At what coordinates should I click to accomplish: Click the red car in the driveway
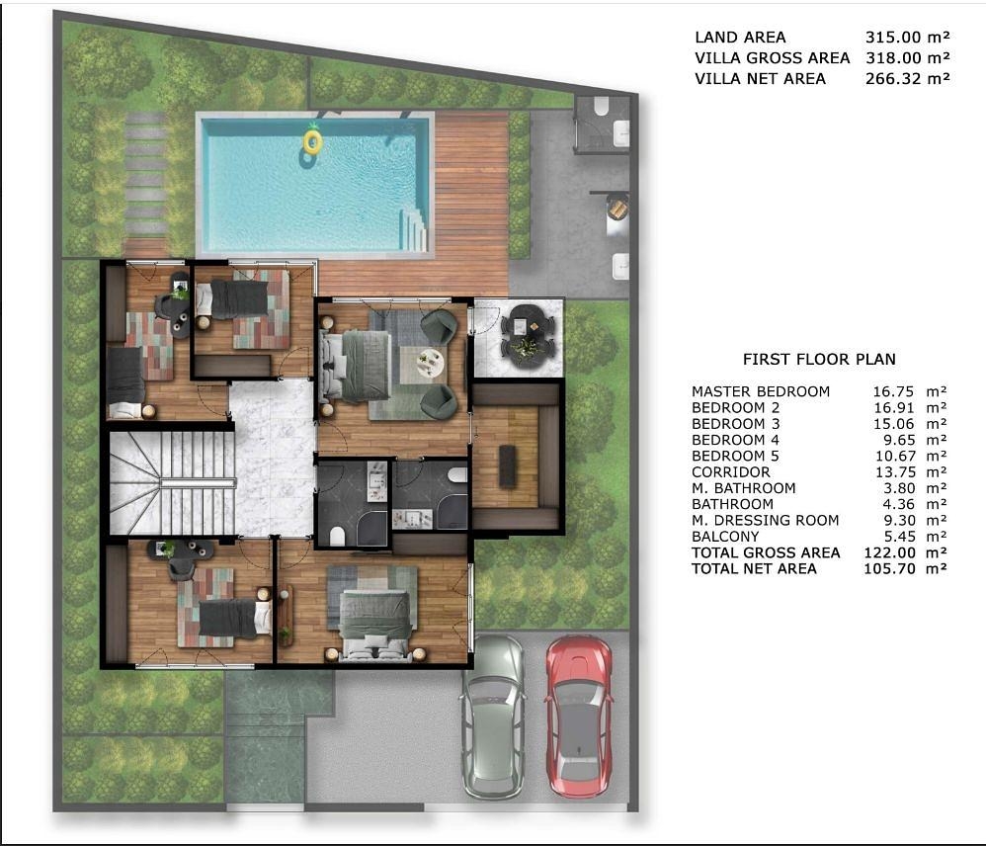click(579, 716)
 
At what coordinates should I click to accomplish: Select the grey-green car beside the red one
click(494, 716)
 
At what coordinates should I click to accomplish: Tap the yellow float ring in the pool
click(312, 142)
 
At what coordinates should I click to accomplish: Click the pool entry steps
click(414, 227)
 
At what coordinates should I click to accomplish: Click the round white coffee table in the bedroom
click(431, 364)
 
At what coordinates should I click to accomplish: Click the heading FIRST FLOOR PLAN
click(819, 359)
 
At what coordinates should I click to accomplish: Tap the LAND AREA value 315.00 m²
click(907, 38)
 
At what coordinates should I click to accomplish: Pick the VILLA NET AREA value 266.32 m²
click(907, 79)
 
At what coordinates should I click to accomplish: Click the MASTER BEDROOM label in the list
click(761, 391)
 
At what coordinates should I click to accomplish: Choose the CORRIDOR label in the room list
click(731, 471)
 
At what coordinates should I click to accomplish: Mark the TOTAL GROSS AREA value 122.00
click(890, 552)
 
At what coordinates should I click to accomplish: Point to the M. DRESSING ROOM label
click(766, 520)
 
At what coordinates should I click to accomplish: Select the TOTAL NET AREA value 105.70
click(890, 568)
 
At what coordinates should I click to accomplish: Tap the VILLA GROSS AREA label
click(773, 58)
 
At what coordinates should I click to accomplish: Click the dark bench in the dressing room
click(508, 465)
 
